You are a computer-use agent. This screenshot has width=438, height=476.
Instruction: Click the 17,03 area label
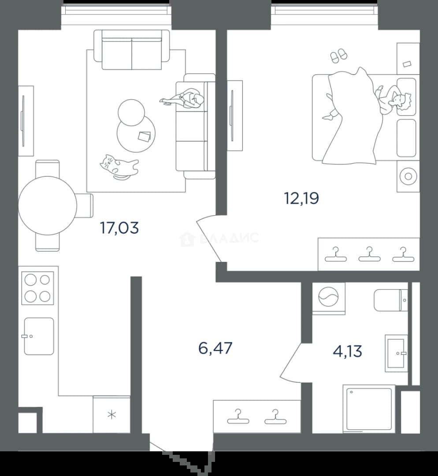pos(119,228)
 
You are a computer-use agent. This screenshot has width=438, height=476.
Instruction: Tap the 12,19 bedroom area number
pos(301,199)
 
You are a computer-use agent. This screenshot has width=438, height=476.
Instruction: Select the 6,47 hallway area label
pos(215,348)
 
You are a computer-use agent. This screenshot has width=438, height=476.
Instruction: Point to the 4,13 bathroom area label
pos(348,352)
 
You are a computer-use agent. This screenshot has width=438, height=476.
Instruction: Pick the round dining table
pos(48,205)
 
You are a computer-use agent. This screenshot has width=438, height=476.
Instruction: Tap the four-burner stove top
pos(37,288)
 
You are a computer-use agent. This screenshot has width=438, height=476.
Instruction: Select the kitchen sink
pos(39,336)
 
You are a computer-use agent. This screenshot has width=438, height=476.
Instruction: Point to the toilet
pos(391,300)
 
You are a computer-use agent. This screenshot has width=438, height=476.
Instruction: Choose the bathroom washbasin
pos(396,353)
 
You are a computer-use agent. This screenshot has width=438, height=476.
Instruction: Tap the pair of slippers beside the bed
pos(339,56)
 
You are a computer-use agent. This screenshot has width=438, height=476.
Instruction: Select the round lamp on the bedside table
pos(408,176)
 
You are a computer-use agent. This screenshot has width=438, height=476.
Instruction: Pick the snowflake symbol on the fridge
pos(111,415)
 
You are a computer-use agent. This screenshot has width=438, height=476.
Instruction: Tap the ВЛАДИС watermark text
pos(229,238)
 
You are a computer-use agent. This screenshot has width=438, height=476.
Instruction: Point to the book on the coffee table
pos(144,136)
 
